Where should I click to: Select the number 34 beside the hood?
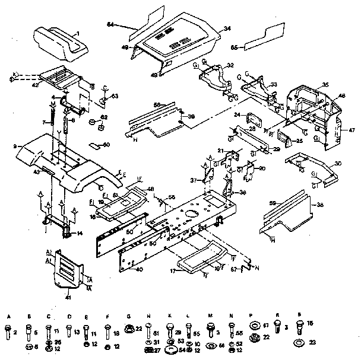[x=227, y=28]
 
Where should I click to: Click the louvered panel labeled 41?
[x=66, y=270]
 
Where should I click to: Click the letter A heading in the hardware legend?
[x=9, y=317]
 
